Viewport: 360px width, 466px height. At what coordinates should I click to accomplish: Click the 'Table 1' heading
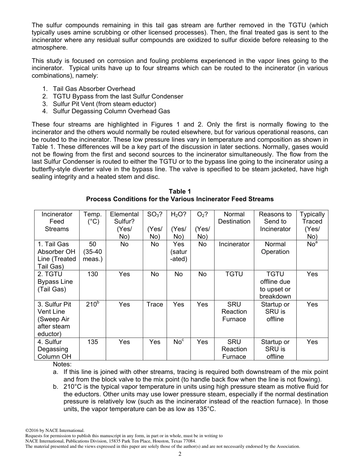[180, 191]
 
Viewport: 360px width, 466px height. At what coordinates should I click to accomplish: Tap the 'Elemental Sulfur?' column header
[124, 225]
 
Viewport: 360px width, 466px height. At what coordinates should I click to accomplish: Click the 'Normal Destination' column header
[234, 218]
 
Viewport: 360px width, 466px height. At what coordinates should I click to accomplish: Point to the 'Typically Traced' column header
[312, 225]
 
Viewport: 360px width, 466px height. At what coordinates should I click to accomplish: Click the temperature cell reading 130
[92, 274]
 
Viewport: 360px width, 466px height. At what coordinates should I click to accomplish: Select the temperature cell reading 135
[92, 342]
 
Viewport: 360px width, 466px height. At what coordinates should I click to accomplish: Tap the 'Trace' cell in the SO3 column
[155, 304]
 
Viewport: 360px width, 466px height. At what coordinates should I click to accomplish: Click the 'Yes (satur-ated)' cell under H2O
[178, 252]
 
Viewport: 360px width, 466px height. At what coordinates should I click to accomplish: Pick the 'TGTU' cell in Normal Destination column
[234, 274]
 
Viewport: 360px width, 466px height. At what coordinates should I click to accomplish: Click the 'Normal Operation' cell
[275, 248]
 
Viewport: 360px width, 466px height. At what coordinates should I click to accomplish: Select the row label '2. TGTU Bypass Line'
[55, 281]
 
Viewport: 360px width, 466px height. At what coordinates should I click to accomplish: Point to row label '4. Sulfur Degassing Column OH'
[54, 349]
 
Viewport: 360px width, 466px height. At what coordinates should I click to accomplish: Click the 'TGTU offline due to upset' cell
[275, 285]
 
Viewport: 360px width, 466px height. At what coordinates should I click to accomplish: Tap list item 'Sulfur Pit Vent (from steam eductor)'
[104, 104]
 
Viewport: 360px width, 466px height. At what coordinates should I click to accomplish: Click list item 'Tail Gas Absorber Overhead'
[94, 89]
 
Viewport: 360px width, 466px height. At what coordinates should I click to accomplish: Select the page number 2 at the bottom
[180, 454]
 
